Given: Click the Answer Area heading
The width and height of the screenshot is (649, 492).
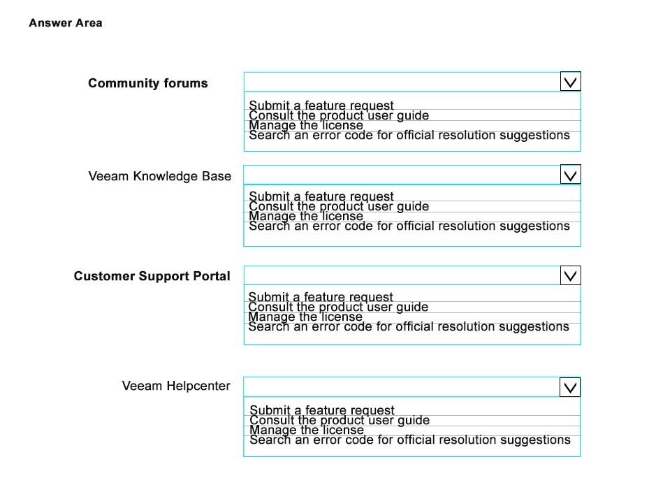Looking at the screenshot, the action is (x=66, y=23).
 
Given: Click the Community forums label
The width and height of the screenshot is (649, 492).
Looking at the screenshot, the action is (x=148, y=83).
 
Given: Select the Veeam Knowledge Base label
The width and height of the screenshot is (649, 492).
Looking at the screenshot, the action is (x=160, y=176).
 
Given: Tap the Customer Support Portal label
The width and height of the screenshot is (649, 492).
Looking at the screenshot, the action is (x=152, y=276).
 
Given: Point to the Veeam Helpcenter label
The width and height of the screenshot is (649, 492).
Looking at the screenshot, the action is (x=176, y=386).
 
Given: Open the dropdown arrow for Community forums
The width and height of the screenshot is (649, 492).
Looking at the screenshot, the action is (x=570, y=81).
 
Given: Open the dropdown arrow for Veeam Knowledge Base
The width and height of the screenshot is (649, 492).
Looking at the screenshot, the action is (x=570, y=174).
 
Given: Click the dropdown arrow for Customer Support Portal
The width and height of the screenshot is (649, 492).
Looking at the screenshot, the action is (x=570, y=275).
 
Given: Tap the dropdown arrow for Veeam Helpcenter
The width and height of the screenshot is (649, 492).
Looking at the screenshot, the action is (x=570, y=387).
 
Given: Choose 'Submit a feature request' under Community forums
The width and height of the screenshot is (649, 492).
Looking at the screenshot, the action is (x=321, y=106).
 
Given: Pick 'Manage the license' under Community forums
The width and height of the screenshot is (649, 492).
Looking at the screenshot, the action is (x=306, y=125).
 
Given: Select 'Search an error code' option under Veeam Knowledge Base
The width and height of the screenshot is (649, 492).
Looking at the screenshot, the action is (x=409, y=226).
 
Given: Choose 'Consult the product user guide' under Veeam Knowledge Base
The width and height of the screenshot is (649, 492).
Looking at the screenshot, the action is (x=339, y=206).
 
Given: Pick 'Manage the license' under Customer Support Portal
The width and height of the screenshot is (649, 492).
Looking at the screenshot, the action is (x=305, y=317).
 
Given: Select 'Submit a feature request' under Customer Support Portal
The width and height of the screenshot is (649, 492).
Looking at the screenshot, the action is (x=321, y=297).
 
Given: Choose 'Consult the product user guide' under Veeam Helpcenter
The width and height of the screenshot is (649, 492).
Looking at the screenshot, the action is (x=340, y=420).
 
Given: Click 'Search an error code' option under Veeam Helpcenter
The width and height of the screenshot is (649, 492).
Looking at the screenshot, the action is (x=410, y=440).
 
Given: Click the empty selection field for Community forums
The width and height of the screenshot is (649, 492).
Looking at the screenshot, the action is (x=402, y=82).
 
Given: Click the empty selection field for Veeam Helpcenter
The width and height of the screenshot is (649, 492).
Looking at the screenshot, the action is (x=402, y=387).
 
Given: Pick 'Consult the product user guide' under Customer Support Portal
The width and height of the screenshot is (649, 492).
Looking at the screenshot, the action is (x=337, y=307).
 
